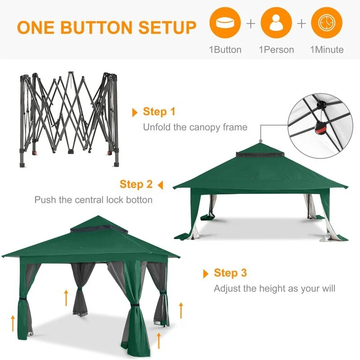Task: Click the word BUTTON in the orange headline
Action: pyautogui.click(x=97, y=27)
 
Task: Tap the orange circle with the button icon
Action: pyautogui.click(x=225, y=22)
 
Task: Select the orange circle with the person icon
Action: pyautogui.click(x=276, y=22)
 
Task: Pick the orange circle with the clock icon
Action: pyautogui.click(x=327, y=22)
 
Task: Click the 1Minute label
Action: pyautogui.click(x=327, y=49)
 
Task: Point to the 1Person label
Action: pyautogui.click(x=276, y=50)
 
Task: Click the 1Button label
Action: pyautogui.click(x=225, y=49)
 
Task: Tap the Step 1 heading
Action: pyautogui.click(x=159, y=112)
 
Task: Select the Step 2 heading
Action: pyautogui.click(x=136, y=184)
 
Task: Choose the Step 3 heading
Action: pyautogui.click(x=230, y=273)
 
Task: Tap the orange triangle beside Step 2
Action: pyautogui.click(x=161, y=185)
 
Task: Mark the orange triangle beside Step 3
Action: pyautogui.click(x=206, y=274)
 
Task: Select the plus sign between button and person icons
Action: pyautogui.click(x=251, y=23)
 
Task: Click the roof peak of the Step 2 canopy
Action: pyautogui.click(x=261, y=143)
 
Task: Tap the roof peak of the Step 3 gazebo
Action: pyautogui.click(x=98, y=216)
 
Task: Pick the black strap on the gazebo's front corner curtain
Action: pyautogui.click(x=135, y=305)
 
